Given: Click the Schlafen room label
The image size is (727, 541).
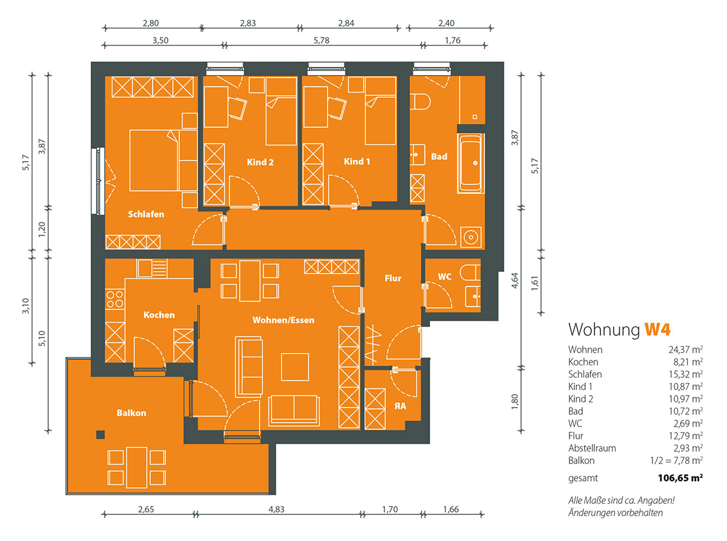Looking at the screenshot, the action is pyautogui.click(x=146, y=214).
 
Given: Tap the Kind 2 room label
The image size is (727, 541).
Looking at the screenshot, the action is pyautogui.click(x=260, y=162).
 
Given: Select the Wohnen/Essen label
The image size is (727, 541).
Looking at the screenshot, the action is pyautogui.click(x=283, y=320).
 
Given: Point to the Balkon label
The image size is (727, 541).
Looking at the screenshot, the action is pyautogui.click(x=131, y=413).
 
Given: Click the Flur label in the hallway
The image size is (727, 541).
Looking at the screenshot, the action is pyautogui.click(x=393, y=278).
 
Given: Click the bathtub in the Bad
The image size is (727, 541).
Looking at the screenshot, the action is pyautogui.click(x=471, y=163).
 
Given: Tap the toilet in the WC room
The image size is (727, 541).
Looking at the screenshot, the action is pyautogui.click(x=470, y=273).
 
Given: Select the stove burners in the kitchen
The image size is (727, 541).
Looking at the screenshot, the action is pyautogui.click(x=115, y=299).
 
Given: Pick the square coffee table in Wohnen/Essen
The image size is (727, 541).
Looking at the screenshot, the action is pyautogui.click(x=294, y=367).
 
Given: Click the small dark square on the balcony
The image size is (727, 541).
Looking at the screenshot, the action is pyautogui.click(x=101, y=435).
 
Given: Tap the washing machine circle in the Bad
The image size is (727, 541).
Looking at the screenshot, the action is pyautogui.click(x=471, y=237).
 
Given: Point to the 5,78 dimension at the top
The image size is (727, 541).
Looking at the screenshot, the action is pyautogui.click(x=321, y=41).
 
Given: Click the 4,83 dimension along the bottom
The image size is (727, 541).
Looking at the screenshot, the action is pyautogui.click(x=276, y=509).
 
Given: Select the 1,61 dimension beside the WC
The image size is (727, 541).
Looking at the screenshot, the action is pyautogui.click(x=534, y=283).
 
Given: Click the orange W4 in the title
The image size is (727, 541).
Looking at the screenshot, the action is pyautogui.click(x=657, y=329).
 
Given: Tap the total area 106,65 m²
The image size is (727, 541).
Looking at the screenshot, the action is pyautogui.click(x=680, y=478).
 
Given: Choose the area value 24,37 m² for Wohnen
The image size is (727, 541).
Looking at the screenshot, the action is pyautogui.click(x=685, y=350).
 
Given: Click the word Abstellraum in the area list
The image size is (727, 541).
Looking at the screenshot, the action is pyautogui.click(x=592, y=448).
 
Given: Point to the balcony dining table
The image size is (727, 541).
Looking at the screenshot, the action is pyautogui.click(x=137, y=468).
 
